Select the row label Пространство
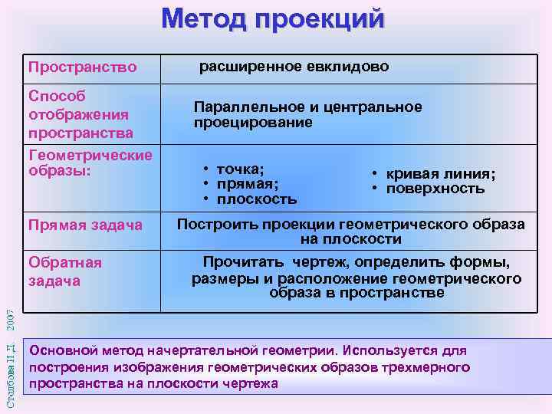coord(82,67)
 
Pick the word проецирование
coord(253,122)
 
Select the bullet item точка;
coord(241,169)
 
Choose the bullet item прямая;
coord(248,184)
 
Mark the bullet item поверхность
coord(435,189)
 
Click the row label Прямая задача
coord(85,225)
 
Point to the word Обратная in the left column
coord(65,262)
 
